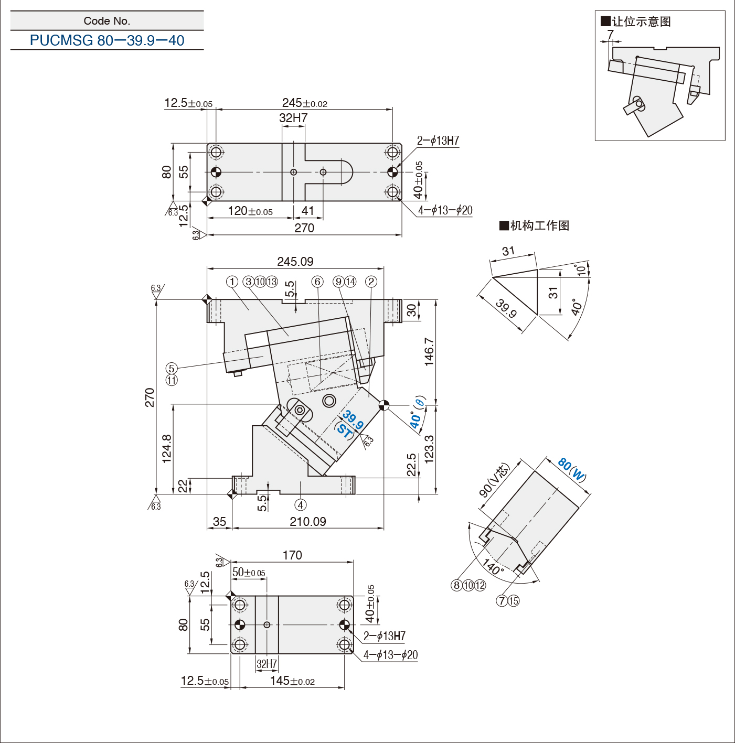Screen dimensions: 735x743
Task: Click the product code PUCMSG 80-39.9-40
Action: point(107,40)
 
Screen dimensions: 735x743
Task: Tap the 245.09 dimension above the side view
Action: point(295,262)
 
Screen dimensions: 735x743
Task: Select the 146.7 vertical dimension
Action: point(429,352)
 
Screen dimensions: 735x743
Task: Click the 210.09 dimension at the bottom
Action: point(308,521)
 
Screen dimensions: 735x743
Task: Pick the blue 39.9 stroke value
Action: point(353,420)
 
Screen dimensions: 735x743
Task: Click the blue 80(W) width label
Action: point(572,469)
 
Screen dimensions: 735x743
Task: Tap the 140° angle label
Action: point(492,566)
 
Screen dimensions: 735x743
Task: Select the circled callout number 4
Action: point(301,505)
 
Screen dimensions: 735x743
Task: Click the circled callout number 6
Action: point(317,282)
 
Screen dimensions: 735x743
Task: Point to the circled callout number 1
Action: point(232,282)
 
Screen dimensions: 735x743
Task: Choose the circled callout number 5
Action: point(172,368)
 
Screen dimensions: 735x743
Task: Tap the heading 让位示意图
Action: point(636,21)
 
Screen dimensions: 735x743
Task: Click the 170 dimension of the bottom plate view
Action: point(292,555)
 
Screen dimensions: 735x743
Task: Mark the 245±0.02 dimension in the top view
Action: point(304,103)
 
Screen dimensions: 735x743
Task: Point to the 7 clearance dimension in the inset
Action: point(610,34)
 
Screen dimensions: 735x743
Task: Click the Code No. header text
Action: point(107,21)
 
